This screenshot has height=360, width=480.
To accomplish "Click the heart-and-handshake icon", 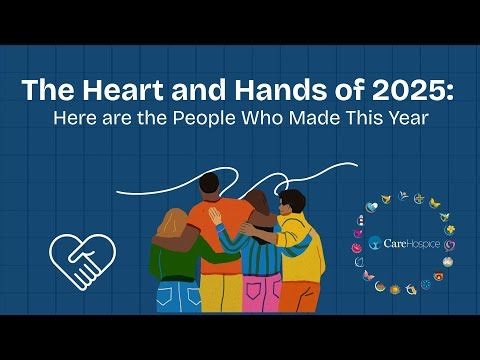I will pyautogui.click(x=84, y=261).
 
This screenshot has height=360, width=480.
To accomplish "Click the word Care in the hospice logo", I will pyautogui.click(x=391, y=242).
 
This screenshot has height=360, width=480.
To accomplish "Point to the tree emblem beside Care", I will pyautogui.click(x=373, y=242).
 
